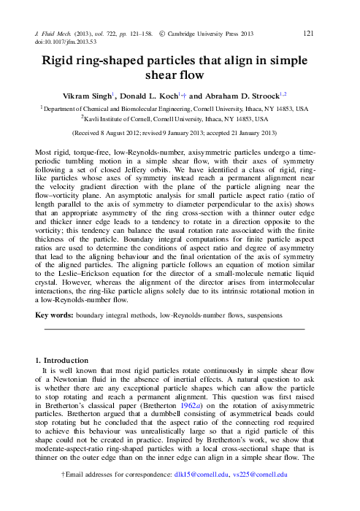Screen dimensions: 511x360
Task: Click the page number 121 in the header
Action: tap(308, 32)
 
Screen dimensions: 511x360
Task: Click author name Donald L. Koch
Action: tap(172, 94)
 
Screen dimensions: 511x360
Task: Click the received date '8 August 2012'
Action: tap(120, 134)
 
